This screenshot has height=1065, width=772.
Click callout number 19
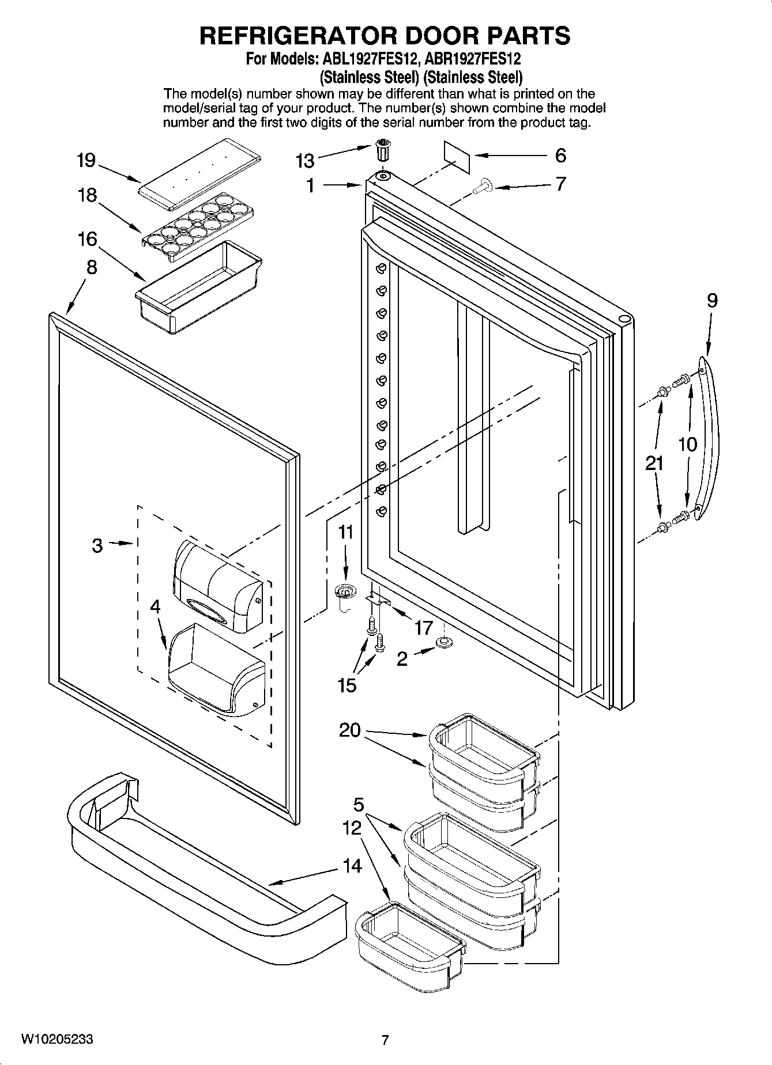pos(86,160)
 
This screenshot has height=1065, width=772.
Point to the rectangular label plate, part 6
pos(457,156)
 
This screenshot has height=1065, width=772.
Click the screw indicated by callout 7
pos(481,186)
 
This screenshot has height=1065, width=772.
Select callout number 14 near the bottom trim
pos(352,865)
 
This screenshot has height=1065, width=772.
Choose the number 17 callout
pos(423,627)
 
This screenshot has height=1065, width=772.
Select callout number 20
pos(349,730)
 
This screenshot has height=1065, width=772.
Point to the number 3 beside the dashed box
pos(97,545)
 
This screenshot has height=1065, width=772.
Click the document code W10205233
pos(57,1039)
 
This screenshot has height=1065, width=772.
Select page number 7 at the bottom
pos(385,1040)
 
